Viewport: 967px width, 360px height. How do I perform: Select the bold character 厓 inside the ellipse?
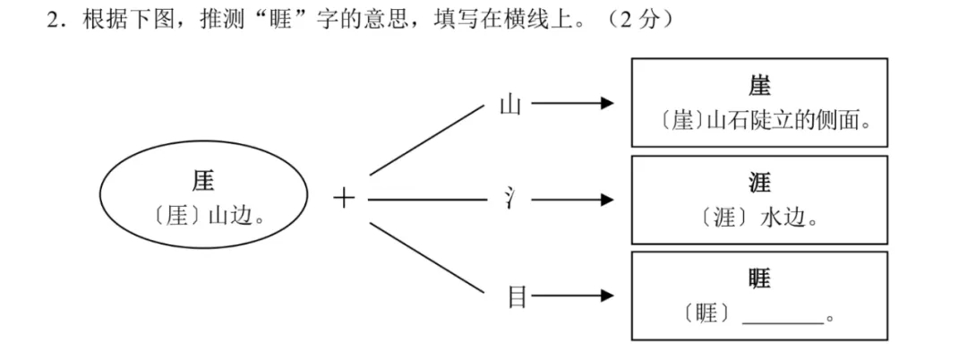pyautogui.click(x=203, y=181)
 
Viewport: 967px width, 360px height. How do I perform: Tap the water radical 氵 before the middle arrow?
pyautogui.click(x=509, y=199)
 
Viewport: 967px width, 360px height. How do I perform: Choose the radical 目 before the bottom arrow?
pyautogui.click(x=517, y=296)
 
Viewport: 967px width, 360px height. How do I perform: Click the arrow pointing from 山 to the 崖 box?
pyautogui.click(x=572, y=104)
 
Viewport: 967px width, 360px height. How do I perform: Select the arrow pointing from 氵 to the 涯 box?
pyautogui.click(x=572, y=199)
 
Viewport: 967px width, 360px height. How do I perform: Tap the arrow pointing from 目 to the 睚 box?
pyautogui.click(x=572, y=296)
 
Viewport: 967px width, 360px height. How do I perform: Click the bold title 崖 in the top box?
pyautogui.click(x=759, y=85)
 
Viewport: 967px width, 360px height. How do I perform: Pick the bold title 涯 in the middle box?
pyautogui.click(x=759, y=183)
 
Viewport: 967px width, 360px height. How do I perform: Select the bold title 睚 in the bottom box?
pyautogui.click(x=759, y=279)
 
